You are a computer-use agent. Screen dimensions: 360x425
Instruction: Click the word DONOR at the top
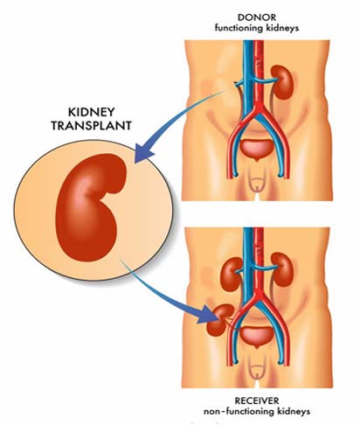(x=257, y=17)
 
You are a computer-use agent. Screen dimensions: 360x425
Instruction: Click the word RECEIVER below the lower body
(x=257, y=401)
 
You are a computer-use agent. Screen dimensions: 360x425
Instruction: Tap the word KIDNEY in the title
(x=91, y=112)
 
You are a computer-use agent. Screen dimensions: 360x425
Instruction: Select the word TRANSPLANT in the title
(x=91, y=126)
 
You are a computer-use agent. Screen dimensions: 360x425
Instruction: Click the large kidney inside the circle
(x=91, y=207)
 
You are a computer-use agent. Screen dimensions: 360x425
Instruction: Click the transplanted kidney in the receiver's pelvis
(x=219, y=319)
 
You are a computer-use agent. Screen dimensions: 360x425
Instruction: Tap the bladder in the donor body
(x=256, y=150)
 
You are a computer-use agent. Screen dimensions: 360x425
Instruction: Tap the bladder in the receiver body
(x=256, y=337)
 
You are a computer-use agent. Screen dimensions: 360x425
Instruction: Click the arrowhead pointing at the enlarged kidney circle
(x=144, y=154)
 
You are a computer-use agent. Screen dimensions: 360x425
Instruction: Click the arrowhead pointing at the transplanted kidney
(x=207, y=315)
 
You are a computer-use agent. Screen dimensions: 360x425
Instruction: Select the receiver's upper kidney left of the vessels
(x=232, y=273)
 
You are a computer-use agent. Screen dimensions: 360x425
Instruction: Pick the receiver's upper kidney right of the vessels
(x=282, y=269)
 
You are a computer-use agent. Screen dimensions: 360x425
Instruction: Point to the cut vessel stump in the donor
(x=239, y=83)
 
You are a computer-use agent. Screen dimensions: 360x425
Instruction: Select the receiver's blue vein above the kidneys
(x=248, y=242)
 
